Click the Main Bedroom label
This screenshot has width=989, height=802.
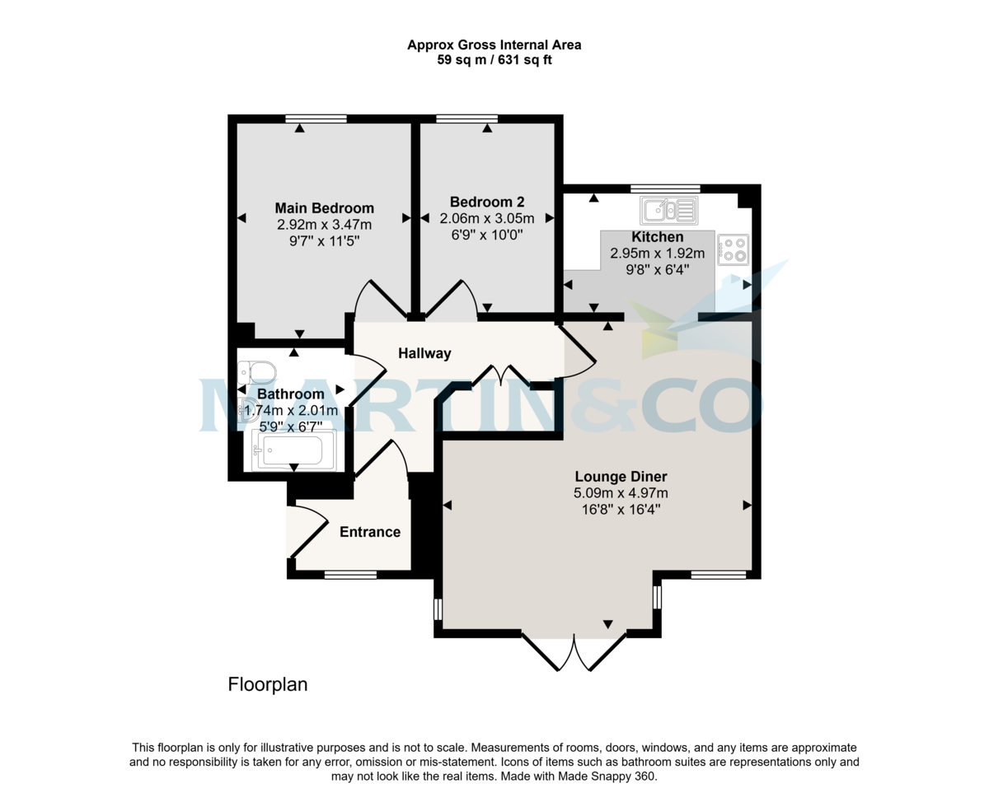click(324, 208)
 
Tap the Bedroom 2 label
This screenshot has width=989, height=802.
click(487, 202)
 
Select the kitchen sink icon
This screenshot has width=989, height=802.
click(668, 211)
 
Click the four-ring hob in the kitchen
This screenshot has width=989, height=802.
click(734, 249)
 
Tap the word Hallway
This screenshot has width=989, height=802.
click(424, 353)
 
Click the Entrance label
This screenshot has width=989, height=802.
click(370, 532)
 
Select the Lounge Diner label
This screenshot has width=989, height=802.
click(621, 476)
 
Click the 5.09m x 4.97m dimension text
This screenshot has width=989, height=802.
click(621, 493)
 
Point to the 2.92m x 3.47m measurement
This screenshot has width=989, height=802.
click(324, 225)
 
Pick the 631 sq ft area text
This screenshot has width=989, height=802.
click(519, 60)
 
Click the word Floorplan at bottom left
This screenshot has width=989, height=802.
click(268, 684)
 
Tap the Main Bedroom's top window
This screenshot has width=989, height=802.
click(316, 119)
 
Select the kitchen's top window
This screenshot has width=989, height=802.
click(665, 189)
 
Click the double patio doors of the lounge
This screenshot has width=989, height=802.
click(574, 651)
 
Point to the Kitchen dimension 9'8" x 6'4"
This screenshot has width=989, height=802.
click(657, 269)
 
